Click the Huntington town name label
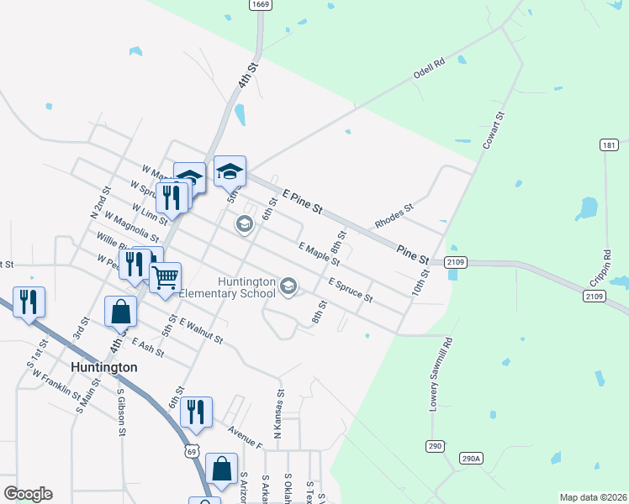pyautogui.click(x=103, y=367)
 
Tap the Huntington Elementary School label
pyautogui.click(x=246, y=287)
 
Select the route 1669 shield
pyautogui.click(x=260, y=5)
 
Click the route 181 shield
pyautogui.click(x=610, y=145)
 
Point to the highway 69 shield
pyautogui.click(x=193, y=452)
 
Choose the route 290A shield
pyautogui.click(x=472, y=458)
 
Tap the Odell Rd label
pyautogui.click(x=428, y=69)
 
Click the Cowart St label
pyautogui.click(x=493, y=131)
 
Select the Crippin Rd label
pyautogui.click(x=606, y=265)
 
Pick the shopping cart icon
pyautogui.click(x=166, y=275)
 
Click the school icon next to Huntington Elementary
pyautogui.click(x=288, y=287)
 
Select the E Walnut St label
pyautogui.click(x=201, y=331)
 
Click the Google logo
pyautogui.click(x=28, y=494)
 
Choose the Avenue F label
pyautogui.click(x=246, y=435)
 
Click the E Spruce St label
pyautogui.click(x=351, y=289)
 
